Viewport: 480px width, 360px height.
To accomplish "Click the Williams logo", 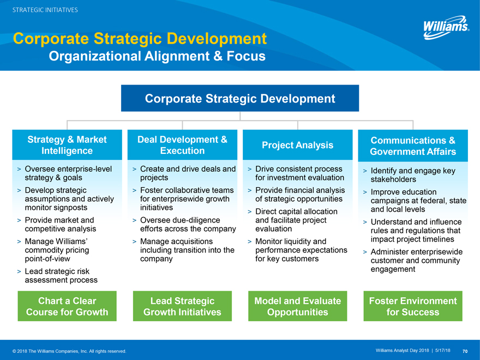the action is [x=446, y=27].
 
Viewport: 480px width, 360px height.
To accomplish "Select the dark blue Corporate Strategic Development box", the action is [x=240, y=98].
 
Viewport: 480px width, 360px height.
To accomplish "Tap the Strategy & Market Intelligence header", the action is [x=67, y=145].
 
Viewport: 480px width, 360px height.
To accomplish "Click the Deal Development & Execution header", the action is [x=182, y=145].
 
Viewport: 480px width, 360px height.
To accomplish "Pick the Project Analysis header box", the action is [x=298, y=145].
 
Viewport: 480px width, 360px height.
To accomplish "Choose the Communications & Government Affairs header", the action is [x=413, y=146].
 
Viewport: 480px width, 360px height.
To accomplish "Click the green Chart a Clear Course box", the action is [x=67, y=306].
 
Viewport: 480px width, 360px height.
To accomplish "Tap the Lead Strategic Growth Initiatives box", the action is [x=182, y=306].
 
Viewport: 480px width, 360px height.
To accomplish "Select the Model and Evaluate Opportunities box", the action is [x=298, y=306].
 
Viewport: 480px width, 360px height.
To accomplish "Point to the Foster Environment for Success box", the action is [x=413, y=306].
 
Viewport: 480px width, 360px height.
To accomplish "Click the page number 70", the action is [x=465, y=351].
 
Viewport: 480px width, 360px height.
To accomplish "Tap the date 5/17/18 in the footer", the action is [x=443, y=351].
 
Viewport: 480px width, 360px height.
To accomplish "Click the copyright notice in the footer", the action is [x=69, y=351].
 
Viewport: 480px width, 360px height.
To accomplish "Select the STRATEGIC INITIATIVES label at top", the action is [x=45, y=10].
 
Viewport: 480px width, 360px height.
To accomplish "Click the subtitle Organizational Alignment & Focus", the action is [x=157, y=56].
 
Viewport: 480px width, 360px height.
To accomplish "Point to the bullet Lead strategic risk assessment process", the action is [x=61, y=275].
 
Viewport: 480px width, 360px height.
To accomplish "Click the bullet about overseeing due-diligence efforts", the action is [x=188, y=224].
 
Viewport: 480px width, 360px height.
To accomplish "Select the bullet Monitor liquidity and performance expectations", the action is [x=301, y=250].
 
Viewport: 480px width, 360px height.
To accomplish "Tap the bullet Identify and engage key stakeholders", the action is [x=413, y=175].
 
